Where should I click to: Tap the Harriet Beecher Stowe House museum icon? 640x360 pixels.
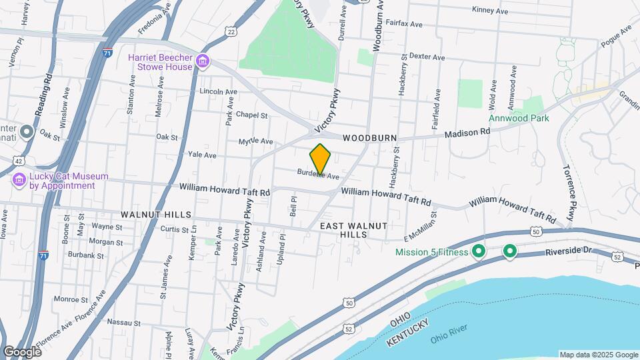(203, 63)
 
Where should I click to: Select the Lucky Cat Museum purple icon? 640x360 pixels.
(19, 180)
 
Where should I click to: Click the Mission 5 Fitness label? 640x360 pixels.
(433, 252)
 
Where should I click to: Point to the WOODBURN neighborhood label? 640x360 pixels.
(370, 138)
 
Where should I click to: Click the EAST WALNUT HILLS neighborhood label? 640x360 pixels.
(353, 231)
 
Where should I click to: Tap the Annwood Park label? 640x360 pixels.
(519, 118)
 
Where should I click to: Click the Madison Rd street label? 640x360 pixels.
(467, 133)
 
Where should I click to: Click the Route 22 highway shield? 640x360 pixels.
(231, 31)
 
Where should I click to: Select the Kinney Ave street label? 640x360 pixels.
(490, 11)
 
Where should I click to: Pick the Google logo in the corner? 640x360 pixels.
(22, 351)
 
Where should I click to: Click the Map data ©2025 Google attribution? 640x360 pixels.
(598, 355)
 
